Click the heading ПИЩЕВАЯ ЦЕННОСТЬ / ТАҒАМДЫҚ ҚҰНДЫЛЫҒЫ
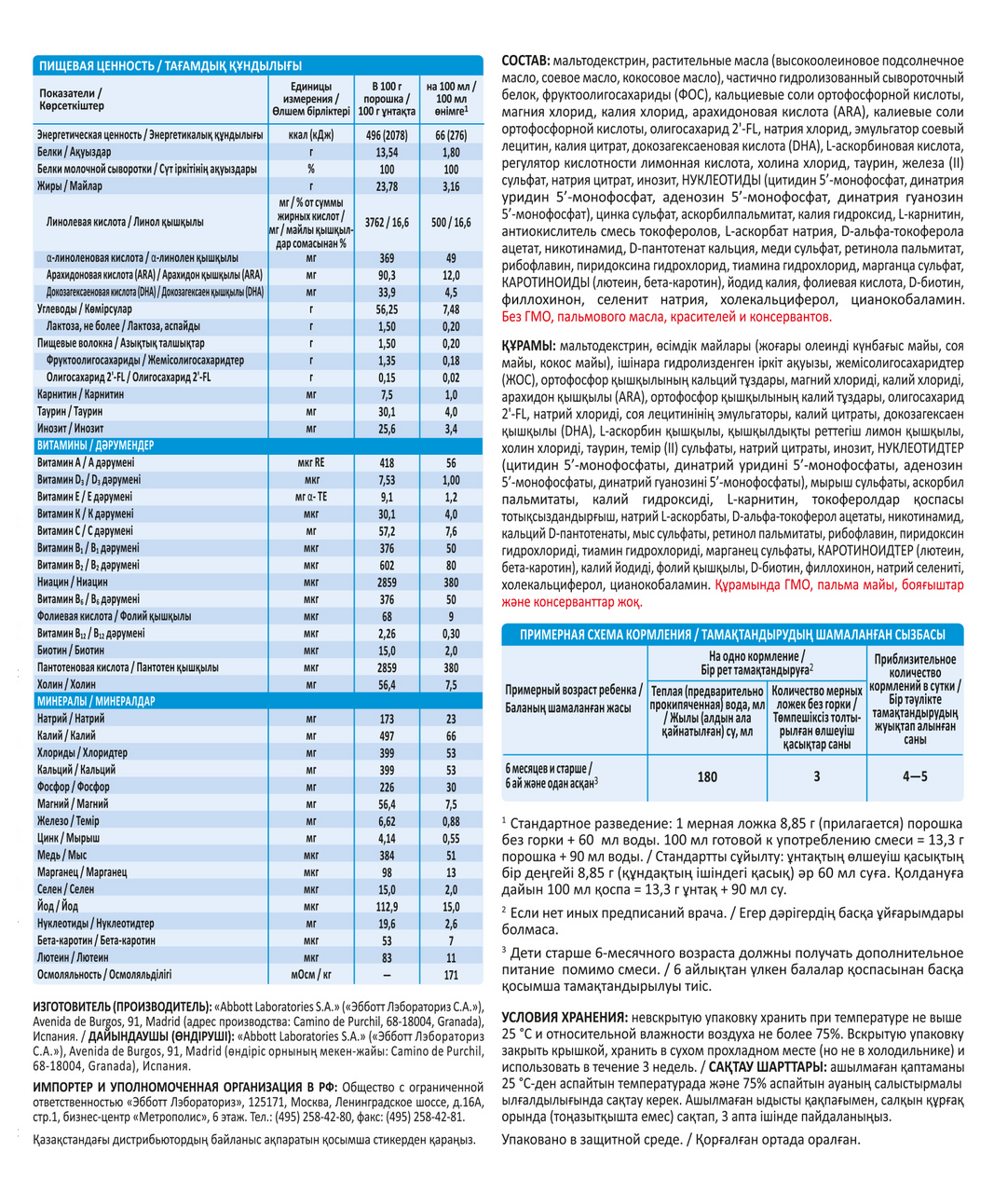click(170, 65)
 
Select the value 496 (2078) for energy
click(387, 135)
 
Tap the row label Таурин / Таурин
click(70, 411)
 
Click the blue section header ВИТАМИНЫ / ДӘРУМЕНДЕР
click(96, 446)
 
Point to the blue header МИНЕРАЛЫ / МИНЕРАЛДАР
click(97, 701)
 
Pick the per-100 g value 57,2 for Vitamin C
click(387, 531)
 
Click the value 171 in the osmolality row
click(451, 975)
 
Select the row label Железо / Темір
click(68, 821)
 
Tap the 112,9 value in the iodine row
click(387, 906)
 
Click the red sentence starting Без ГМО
click(666, 318)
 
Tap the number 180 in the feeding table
click(707, 776)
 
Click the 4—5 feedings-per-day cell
click(915, 776)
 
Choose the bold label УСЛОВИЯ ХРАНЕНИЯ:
click(564, 1017)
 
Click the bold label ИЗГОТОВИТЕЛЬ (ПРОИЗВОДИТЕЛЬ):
click(122, 1008)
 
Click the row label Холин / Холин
click(66, 684)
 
